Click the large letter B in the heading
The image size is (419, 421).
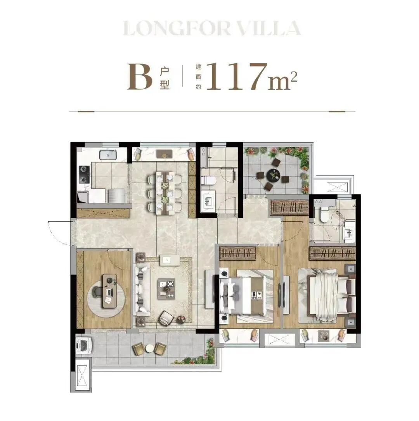tap(140, 77)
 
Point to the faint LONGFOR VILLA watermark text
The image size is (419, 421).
tap(212, 28)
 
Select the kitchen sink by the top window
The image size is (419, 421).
tap(108, 155)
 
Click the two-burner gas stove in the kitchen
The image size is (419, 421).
tap(84, 174)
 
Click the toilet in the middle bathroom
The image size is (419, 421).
tap(208, 181)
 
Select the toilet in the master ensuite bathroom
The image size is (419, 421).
tap(324, 213)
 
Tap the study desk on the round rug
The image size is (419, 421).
tap(110, 291)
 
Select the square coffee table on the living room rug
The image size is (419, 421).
tap(166, 288)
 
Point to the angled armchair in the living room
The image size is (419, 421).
tap(166, 318)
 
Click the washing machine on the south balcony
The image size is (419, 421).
tap(84, 345)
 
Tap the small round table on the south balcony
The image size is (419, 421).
tap(149, 348)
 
